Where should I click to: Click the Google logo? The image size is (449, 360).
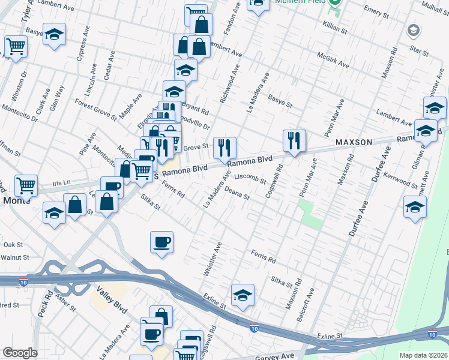coord(20,353)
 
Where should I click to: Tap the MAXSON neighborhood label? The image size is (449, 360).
coord(354,142)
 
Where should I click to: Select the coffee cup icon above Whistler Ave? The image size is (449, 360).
coord(161,242)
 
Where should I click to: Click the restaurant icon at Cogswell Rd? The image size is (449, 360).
coord(294,142)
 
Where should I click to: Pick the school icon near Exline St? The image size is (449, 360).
coord(243,295)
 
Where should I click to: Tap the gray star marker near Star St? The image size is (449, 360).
coord(413,30)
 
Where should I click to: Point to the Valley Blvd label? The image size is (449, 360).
coord(112,300)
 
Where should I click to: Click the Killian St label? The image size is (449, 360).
coord(335,28)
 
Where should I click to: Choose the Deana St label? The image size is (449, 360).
coord(237,196)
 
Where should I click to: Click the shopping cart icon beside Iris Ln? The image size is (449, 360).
coord(26,185)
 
